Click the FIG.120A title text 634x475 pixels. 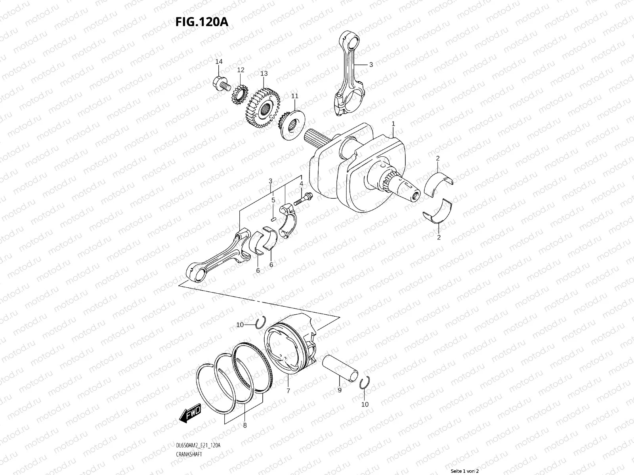(x=202, y=22)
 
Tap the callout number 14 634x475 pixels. (x=219, y=62)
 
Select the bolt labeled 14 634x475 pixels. (x=221, y=84)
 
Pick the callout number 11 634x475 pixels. (x=294, y=96)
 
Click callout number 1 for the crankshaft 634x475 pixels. (x=393, y=124)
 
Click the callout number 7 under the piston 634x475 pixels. (x=288, y=391)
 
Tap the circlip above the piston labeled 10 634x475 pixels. (x=260, y=323)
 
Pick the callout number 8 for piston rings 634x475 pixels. (x=244, y=426)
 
